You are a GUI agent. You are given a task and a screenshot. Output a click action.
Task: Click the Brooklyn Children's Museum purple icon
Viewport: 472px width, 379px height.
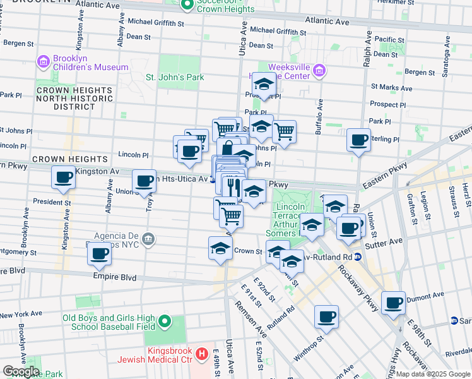pyautogui.click(x=44, y=61)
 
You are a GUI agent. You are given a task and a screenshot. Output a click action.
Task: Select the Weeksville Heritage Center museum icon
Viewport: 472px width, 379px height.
pyautogui.click(x=320, y=71)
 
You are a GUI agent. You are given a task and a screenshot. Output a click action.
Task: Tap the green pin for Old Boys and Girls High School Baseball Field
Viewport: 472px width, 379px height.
pyautogui.click(x=165, y=323)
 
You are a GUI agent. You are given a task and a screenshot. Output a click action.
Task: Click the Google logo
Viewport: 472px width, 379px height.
pyautogui.click(x=20, y=371)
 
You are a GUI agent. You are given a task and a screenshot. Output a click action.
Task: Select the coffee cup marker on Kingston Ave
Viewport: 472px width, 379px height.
pyautogui.click(x=64, y=178)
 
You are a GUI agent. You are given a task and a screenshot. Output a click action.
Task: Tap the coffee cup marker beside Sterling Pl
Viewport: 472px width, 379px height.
pyautogui.click(x=359, y=140)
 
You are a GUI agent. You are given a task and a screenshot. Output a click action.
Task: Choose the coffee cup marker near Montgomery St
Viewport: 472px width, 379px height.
pyautogui.click(x=99, y=254)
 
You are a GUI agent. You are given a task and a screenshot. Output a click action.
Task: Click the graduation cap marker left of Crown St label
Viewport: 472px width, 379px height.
pyautogui.click(x=220, y=248)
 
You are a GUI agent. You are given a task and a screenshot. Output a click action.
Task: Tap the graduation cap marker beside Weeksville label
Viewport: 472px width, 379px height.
pyautogui.click(x=263, y=84)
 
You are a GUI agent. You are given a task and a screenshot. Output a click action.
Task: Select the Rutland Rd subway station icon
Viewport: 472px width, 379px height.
pyautogui.click(x=357, y=256)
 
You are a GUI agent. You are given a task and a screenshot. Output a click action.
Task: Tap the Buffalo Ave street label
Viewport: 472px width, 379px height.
pyautogui.click(x=320, y=114)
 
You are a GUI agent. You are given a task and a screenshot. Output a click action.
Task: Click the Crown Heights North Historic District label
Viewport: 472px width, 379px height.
pyautogui.click(x=74, y=99)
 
